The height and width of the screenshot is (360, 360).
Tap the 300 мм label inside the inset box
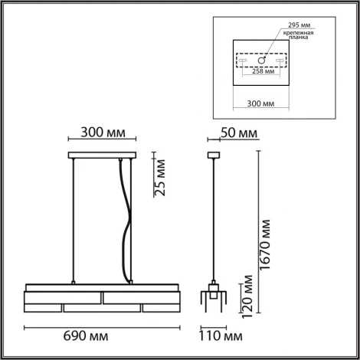coord(263,102)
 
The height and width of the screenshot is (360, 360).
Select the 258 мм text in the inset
coord(263,73)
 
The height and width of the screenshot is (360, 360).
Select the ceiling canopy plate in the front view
coord(102,156)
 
